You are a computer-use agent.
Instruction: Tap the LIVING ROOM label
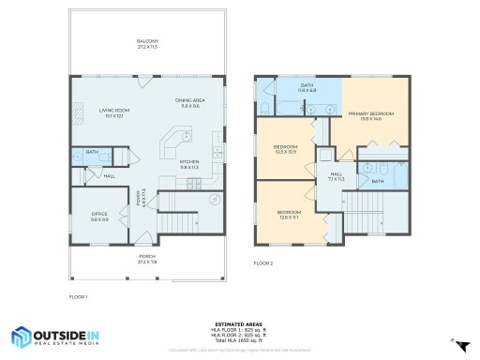coord(112,113)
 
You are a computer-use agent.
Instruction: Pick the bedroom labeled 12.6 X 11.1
coord(289,215)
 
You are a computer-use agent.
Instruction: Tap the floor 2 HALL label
coord(337,175)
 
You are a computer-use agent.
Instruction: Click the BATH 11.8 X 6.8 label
coord(307,87)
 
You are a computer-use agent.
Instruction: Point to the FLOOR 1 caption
coord(78,296)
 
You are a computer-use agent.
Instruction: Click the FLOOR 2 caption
coord(263,264)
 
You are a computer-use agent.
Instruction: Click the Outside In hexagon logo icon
coord(22,337)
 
